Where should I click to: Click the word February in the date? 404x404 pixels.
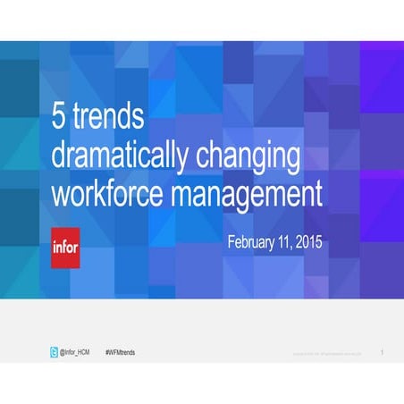(255, 242)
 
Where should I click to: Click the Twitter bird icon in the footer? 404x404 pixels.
(54, 353)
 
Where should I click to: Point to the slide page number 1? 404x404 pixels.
(382, 353)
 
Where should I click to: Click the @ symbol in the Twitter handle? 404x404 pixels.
(63, 353)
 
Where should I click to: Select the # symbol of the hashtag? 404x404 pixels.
(107, 353)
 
